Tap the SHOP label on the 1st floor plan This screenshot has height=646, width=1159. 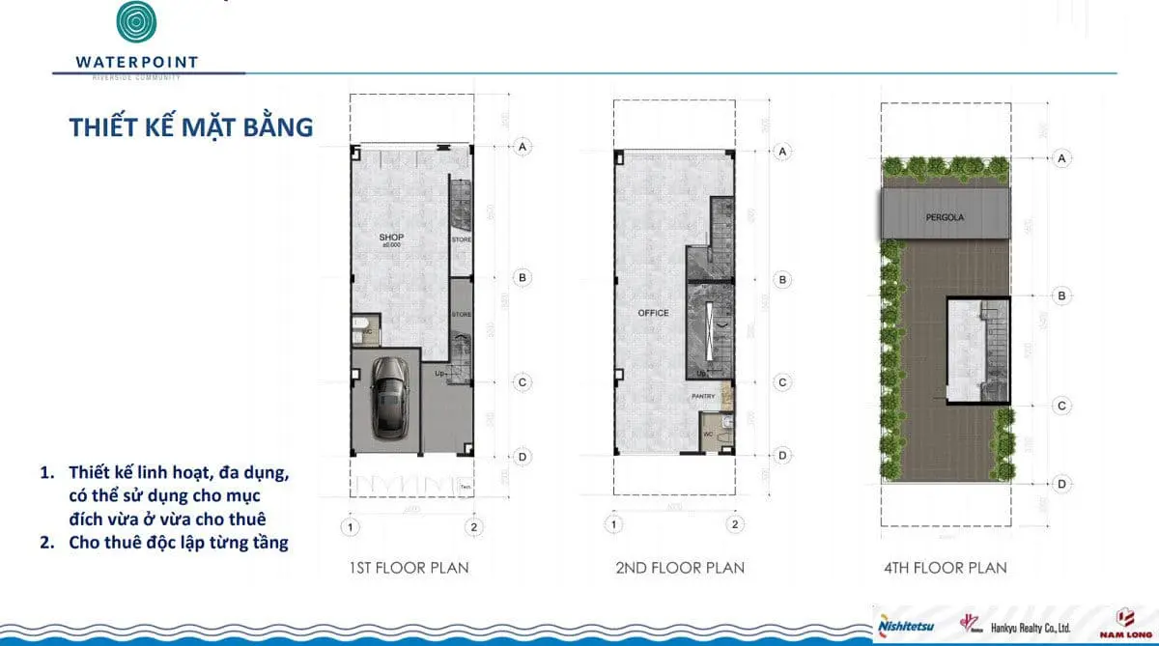[x=391, y=238]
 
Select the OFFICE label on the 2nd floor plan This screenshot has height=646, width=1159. [x=653, y=313]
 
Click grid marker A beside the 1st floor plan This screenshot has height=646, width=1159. [x=523, y=147]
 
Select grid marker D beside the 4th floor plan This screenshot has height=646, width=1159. [x=1061, y=484]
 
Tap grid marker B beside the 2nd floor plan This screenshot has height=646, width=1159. [x=783, y=279]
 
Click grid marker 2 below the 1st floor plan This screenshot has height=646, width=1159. [x=473, y=527]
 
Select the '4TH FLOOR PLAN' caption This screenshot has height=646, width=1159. [x=946, y=568]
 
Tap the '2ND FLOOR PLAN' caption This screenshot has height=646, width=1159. [x=680, y=568]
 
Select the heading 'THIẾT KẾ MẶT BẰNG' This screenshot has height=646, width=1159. [x=191, y=127]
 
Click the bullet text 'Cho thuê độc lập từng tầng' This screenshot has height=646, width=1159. [x=178, y=542]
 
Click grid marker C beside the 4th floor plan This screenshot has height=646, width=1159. [x=1061, y=406]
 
